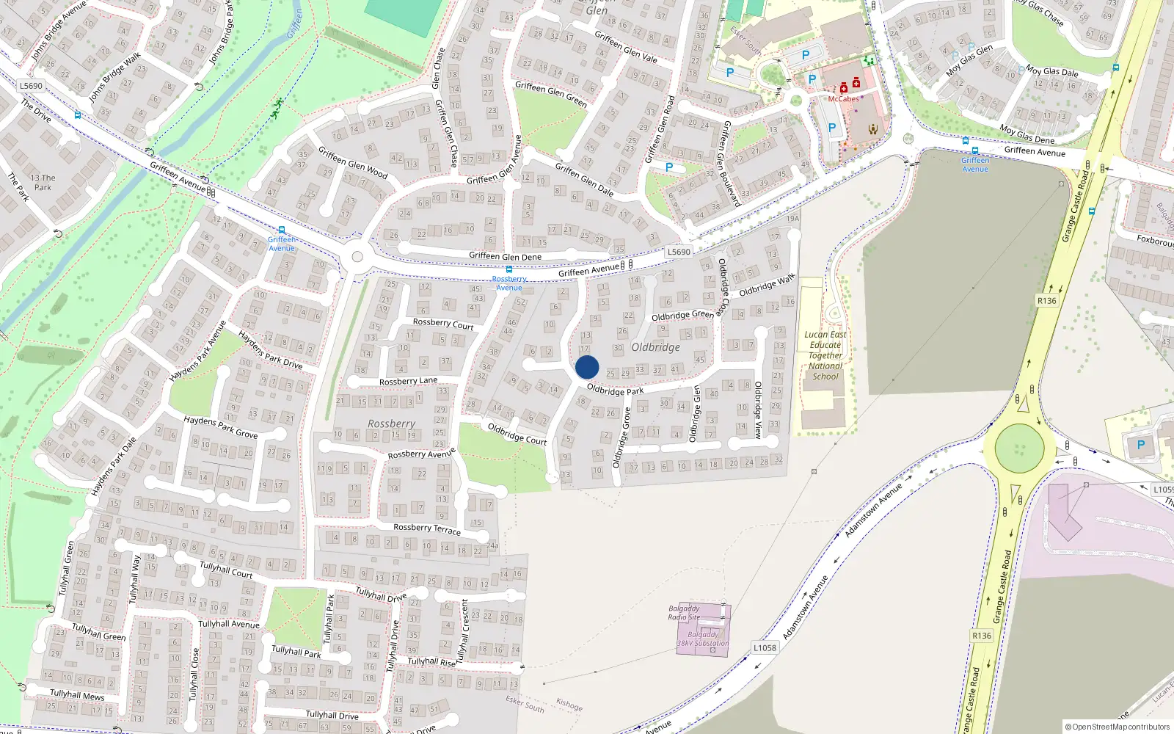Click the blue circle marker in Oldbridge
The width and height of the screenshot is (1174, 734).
click(x=587, y=367)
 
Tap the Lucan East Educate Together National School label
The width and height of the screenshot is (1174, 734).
click(x=825, y=355)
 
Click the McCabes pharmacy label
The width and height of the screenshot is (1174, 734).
click(x=843, y=99)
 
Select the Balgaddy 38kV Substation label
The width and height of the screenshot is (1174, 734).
click(x=703, y=639)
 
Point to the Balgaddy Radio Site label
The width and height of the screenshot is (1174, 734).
click(x=684, y=612)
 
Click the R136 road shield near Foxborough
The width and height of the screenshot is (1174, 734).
click(x=1047, y=301)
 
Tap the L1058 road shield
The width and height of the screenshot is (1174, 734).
click(x=765, y=647)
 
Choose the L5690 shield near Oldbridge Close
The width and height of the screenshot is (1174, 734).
click(x=679, y=252)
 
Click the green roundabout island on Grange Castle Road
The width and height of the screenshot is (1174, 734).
click(x=1019, y=448)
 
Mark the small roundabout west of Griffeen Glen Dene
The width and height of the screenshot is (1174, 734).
click(x=357, y=257)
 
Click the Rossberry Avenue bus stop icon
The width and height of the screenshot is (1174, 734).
click(x=509, y=269)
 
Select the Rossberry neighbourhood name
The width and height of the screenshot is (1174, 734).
click(x=391, y=424)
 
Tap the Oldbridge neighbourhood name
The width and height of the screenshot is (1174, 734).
click(x=655, y=347)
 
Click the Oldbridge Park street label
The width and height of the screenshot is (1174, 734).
click(x=615, y=390)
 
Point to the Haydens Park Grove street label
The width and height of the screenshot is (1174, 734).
click(x=220, y=426)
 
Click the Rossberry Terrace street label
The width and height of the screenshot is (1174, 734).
click(x=427, y=528)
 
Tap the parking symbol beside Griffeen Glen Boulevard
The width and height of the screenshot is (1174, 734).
click(x=669, y=167)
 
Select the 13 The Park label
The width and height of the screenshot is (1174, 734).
click(x=43, y=182)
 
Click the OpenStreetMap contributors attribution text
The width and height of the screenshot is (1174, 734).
click(x=1118, y=727)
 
